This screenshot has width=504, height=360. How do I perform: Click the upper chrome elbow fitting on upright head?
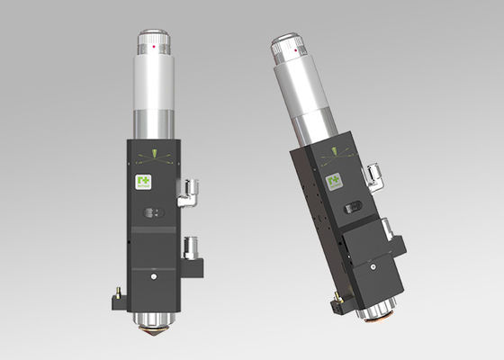click(191, 192)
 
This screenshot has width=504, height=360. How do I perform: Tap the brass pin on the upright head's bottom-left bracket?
click(116, 290)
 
